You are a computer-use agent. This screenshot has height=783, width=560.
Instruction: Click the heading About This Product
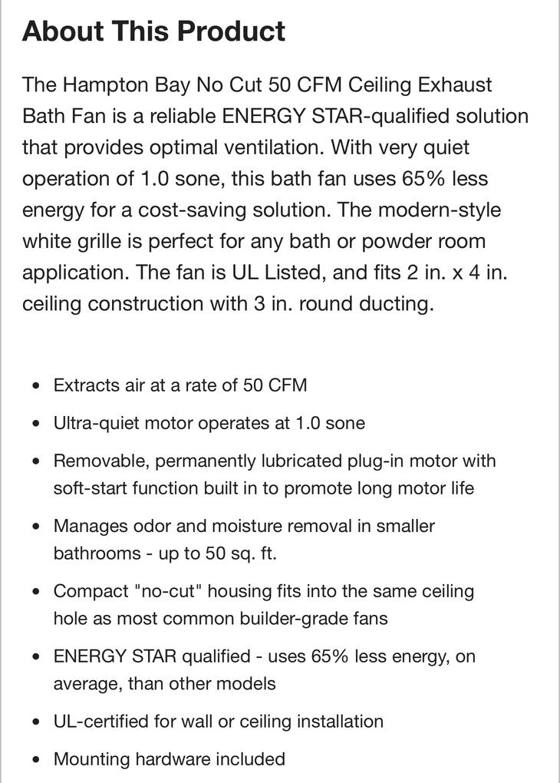(153, 31)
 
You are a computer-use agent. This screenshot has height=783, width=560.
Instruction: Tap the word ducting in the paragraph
(396, 303)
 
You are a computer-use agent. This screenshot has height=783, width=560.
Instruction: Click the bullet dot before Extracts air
(35, 386)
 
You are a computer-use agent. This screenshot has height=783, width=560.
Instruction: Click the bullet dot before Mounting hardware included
(35, 761)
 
